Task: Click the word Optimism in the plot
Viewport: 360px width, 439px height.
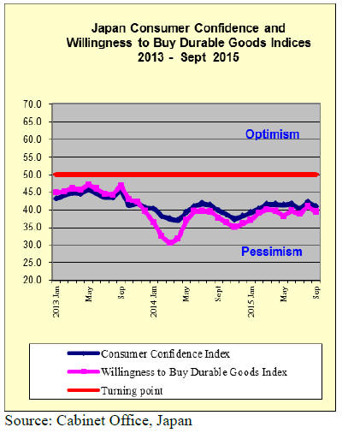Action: click(272, 134)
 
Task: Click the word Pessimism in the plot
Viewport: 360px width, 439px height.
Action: click(272, 252)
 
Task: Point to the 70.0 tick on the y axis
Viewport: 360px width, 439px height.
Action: click(32, 104)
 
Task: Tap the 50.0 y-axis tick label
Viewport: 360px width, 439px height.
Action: click(32, 175)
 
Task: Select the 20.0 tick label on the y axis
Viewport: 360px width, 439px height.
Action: click(32, 280)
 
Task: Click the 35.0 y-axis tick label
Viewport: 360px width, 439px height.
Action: click(32, 228)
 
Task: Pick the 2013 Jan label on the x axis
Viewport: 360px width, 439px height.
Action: click(56, 302)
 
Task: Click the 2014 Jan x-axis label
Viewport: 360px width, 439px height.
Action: click(154, 302)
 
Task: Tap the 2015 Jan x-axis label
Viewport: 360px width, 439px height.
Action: click(251, 302)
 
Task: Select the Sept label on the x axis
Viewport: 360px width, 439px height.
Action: click(219, 294)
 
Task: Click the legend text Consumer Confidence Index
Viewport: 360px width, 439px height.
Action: click(165, 354)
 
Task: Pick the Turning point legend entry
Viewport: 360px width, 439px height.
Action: click(132, 390)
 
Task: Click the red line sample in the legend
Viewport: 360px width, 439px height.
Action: click(83, 390)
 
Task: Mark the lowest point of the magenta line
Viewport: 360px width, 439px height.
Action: click(170, 242)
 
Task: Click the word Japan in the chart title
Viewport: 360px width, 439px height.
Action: click(109, 29)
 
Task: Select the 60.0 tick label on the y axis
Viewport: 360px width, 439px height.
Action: click(32, 139)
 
